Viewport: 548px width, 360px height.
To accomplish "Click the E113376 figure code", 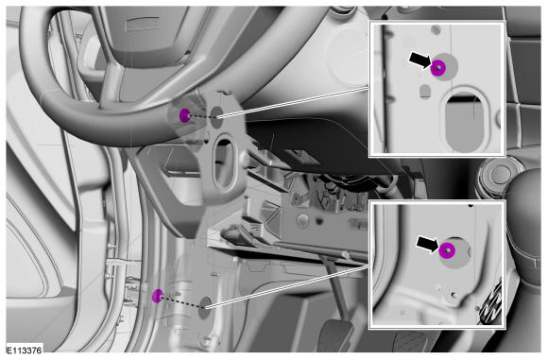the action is coord(25,351).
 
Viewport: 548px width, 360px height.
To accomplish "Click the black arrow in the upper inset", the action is coord(420,60).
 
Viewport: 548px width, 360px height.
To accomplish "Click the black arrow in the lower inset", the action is coord(427,244).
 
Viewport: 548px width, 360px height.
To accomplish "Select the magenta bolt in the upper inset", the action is coord(437,67).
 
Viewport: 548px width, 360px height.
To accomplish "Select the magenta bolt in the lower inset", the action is coord(447,250).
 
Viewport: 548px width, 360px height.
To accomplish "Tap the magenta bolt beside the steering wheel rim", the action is coord(184,115).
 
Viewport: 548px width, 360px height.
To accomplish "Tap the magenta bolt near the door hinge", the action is coord(158,296).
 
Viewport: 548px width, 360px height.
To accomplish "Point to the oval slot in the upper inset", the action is coord(464,121).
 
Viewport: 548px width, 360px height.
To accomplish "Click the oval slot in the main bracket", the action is coord(224,163).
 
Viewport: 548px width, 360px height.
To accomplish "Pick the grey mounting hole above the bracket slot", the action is coord(216,112).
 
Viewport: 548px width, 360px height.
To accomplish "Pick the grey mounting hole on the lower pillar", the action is coord(205,308).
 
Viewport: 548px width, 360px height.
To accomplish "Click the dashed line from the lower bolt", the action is coord(181,302).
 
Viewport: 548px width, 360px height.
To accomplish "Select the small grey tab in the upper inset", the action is coord(425,91).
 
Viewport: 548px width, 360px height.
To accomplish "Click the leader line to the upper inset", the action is coord(294,102).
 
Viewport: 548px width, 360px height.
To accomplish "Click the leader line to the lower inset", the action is coord(287,286).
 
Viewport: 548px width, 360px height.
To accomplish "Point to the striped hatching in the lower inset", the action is coord(491,299).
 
